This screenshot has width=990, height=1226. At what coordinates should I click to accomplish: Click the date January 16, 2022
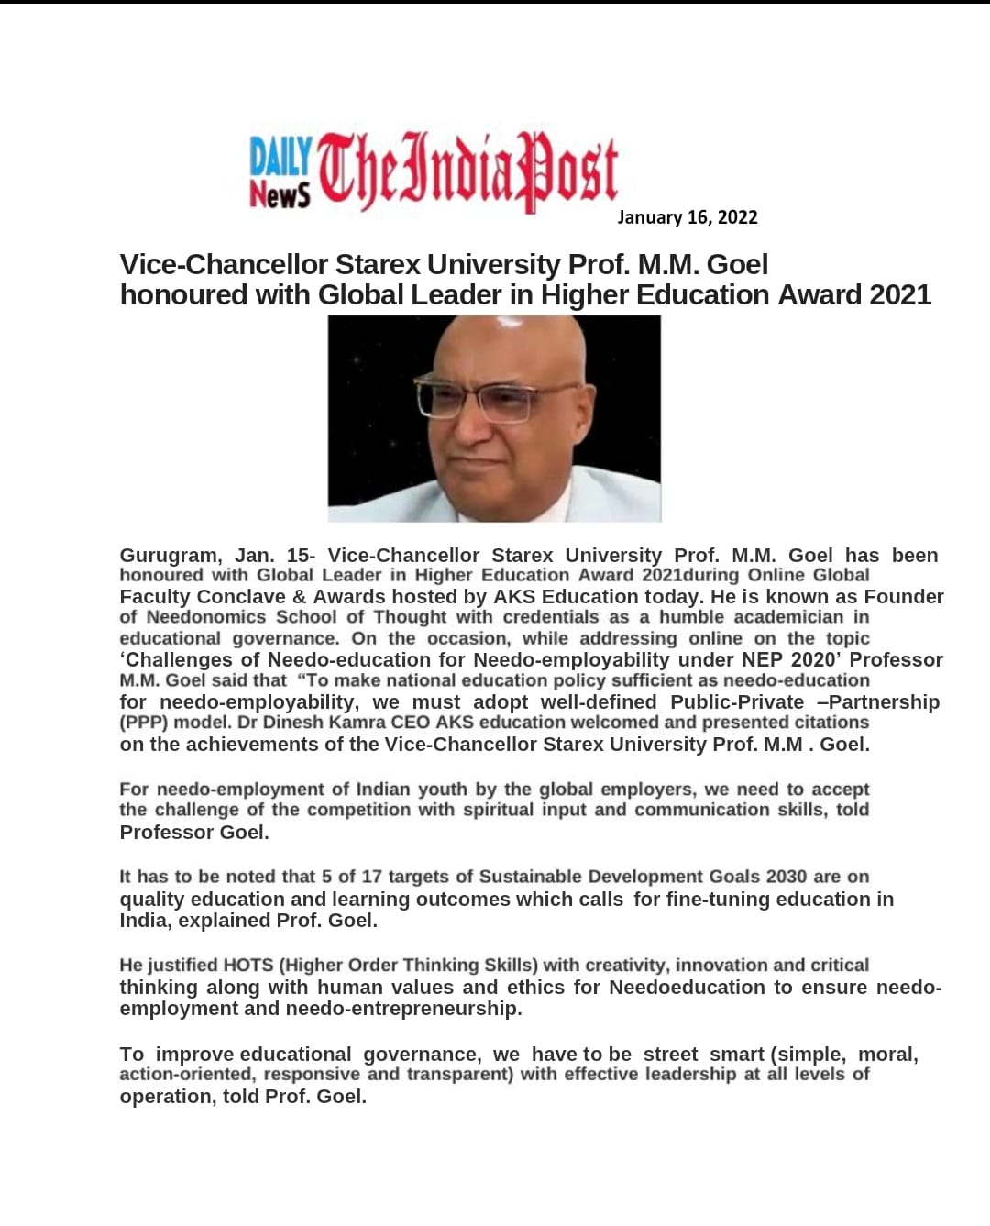click(x=687, y=217)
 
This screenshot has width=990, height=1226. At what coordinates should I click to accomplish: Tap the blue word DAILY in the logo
click(x=281, y=157)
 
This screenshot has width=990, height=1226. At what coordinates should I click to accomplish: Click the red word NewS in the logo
click(x=280, y=193)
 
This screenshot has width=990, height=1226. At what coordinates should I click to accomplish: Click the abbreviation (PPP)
click(x=144, y=723)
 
